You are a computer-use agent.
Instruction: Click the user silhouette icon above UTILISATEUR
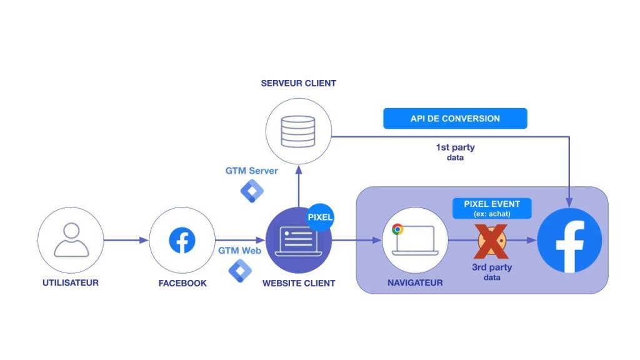71,239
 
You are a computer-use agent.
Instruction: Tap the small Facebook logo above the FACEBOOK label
182,241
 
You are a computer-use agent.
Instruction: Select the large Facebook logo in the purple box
569,241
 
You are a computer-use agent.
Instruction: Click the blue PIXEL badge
321,217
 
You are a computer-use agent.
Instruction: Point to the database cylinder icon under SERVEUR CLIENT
297,132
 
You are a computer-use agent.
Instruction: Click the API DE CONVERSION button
455,119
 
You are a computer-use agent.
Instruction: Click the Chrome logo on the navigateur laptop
397,229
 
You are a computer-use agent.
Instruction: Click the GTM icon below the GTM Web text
240,270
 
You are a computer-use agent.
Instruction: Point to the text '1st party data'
455,152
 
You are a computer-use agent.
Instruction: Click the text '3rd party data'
492,271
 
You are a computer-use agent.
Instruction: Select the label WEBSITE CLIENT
299,283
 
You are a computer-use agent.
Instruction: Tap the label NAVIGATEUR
414,283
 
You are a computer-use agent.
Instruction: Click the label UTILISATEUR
71,283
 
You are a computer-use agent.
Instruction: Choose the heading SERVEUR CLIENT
298,83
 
